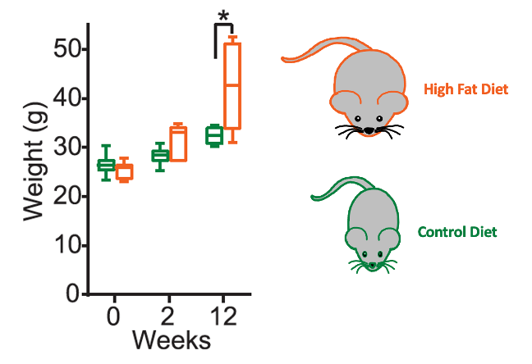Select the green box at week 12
pos(214,136)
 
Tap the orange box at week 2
pos(178,143)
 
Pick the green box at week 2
pos(160,156)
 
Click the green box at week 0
pos(106,165)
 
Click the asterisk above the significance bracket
pos(223,16)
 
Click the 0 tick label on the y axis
pos(73,294)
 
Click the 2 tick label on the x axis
pos(169,316)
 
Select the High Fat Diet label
pos(465,89)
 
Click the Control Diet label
pos(456,232)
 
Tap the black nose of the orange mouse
pos(369,130)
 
